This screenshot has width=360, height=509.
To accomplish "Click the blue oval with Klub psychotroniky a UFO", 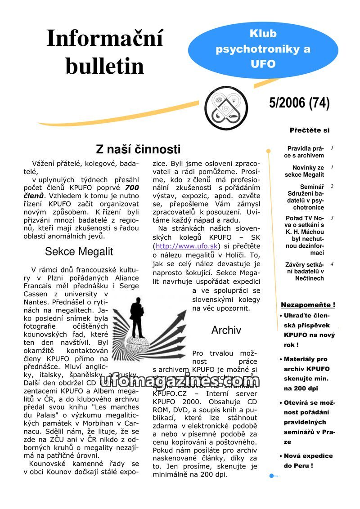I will (x=263, y=49).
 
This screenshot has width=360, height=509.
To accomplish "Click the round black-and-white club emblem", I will (x=226, y=108).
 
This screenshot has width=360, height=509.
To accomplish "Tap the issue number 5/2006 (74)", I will (x=299, y=103).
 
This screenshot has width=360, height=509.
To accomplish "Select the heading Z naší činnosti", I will (x=138, y=149).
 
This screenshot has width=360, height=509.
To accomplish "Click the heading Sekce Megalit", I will (x=79, y=251).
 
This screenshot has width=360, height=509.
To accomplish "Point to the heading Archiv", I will (x=226, y=330).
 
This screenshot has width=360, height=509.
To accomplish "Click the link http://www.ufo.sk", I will (x=187, y=246).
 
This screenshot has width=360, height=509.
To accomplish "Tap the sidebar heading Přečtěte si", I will (x=310, y=130).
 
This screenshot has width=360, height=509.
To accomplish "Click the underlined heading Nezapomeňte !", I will (x=308, y=305).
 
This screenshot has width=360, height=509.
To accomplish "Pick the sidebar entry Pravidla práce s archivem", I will (x=306, y=152).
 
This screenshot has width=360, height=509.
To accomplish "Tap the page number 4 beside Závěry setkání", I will (x=332, y=264).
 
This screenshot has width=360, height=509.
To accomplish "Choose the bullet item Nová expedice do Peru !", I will (x=308, y=460).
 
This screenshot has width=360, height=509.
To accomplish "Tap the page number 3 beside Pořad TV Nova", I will (x=332, y=218).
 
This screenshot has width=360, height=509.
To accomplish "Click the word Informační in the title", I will (x=104, y=39).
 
